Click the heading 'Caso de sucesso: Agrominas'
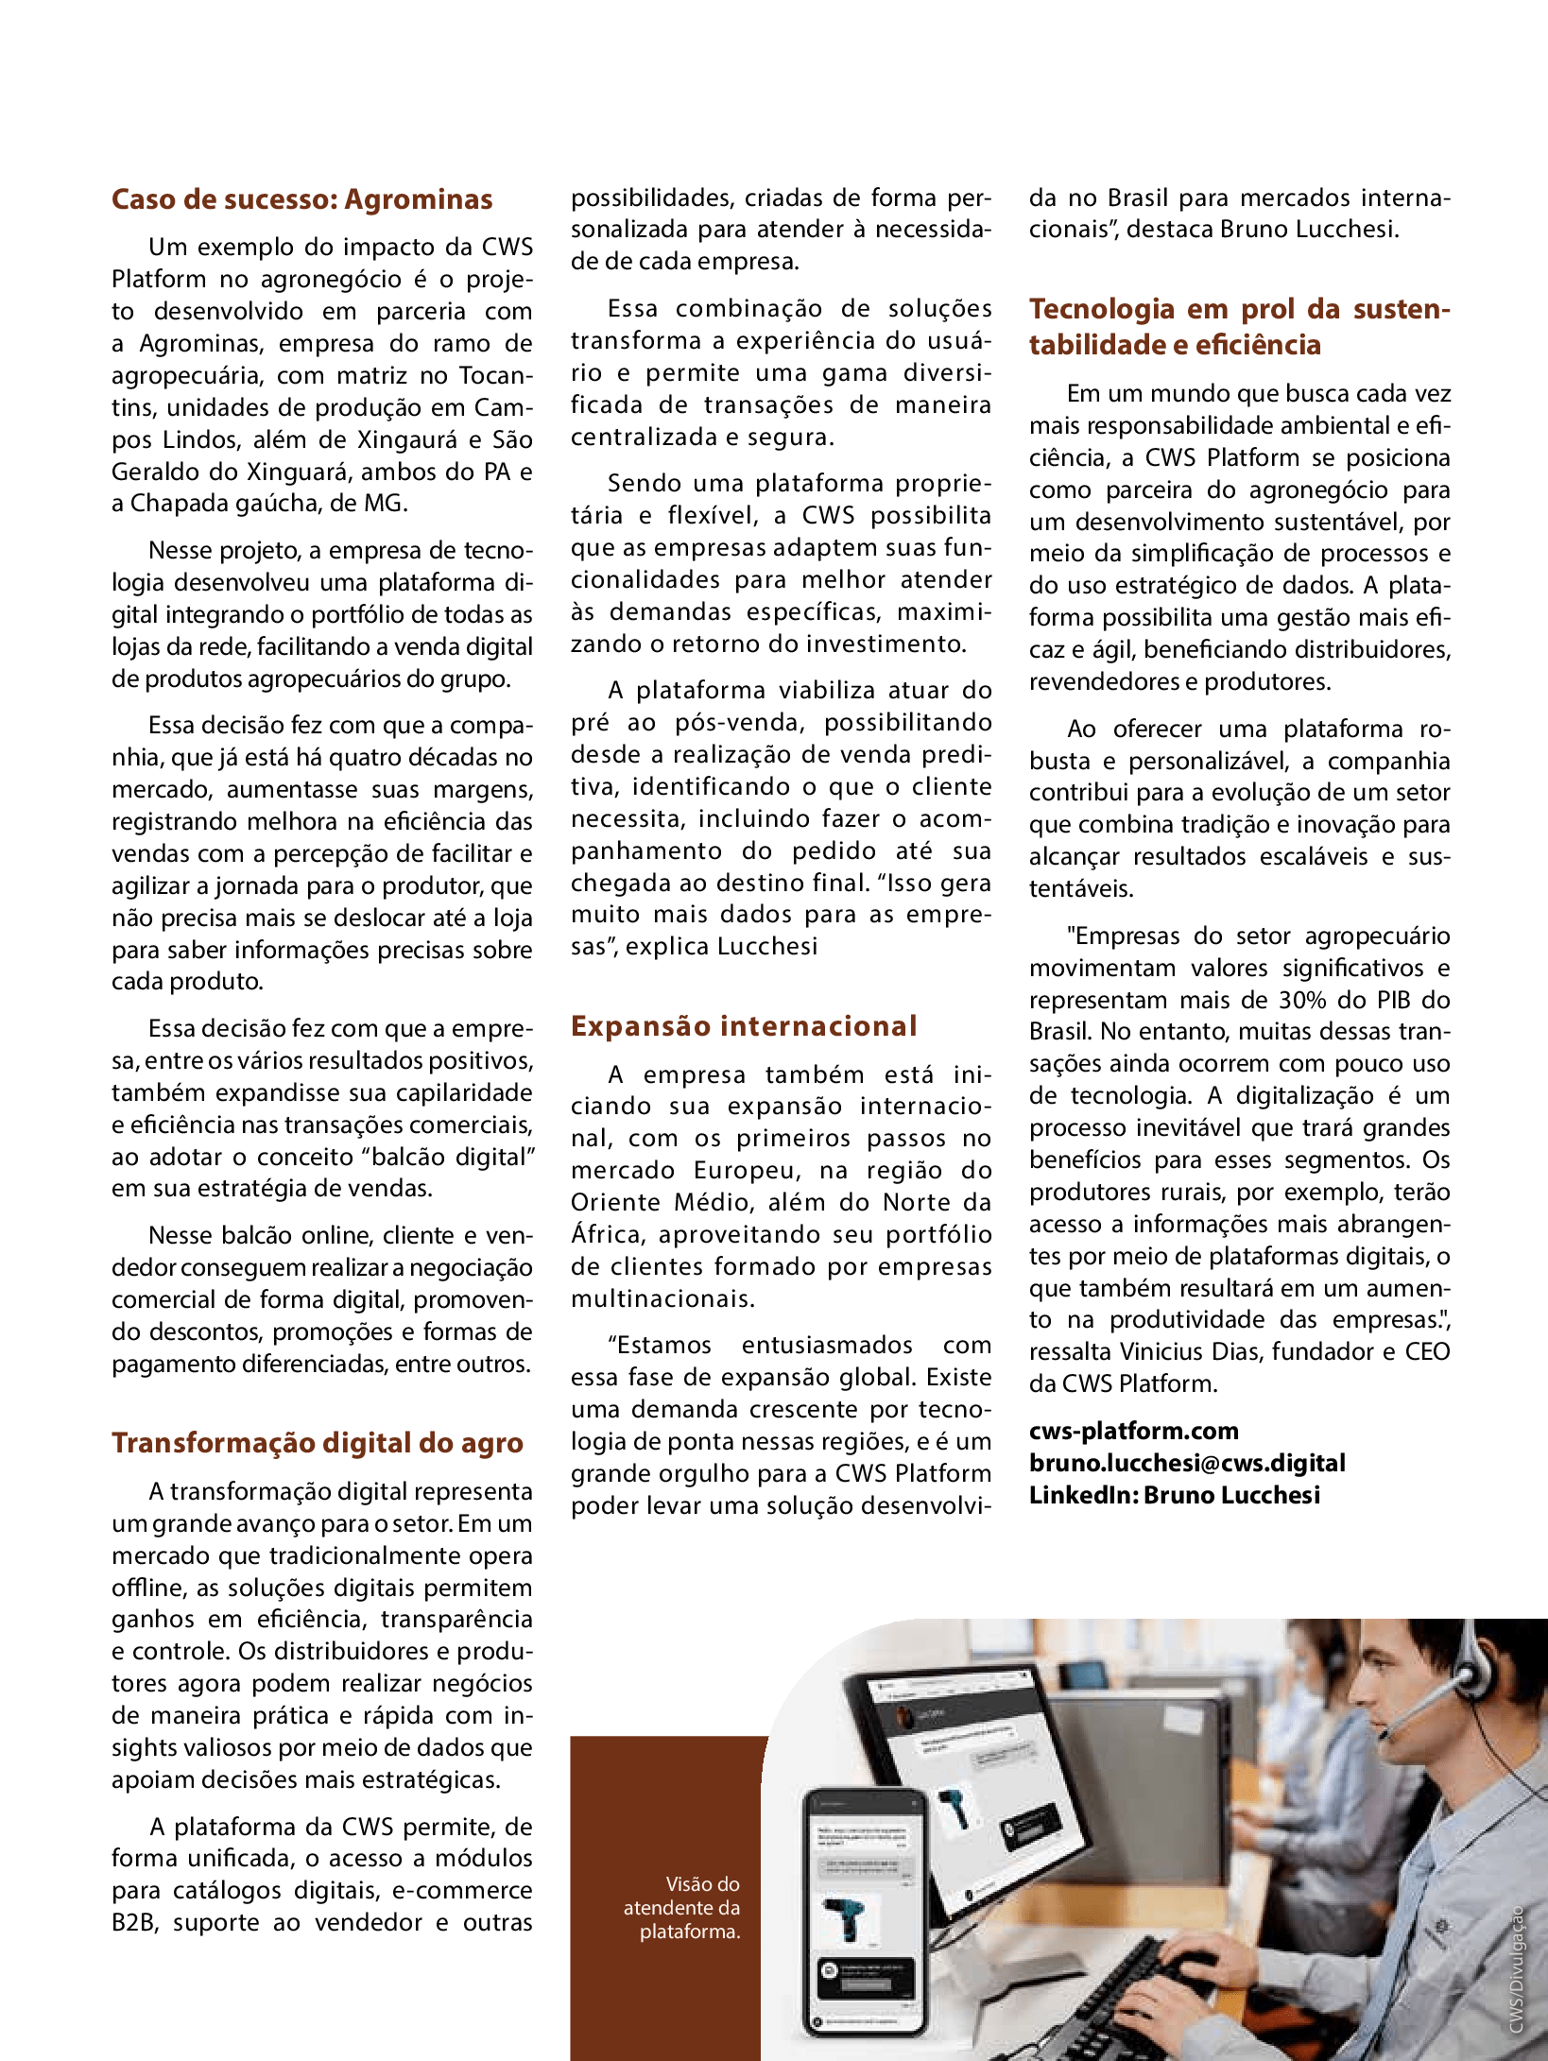301,199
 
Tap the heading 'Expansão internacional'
744,1026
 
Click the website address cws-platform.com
1133,1431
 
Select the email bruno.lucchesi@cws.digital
1187,1463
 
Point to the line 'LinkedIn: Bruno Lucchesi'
1174,1495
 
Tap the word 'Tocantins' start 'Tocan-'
496,375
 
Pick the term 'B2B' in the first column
134,1922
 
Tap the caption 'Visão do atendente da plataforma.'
682,1908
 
